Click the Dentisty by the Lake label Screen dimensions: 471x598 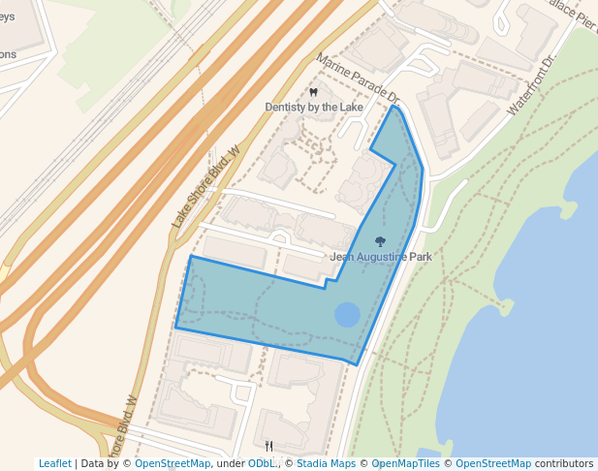[x=321, y=106]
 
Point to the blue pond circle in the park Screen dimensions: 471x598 [x=347, y=314]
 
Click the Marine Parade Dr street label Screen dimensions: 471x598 [x=358, y=79]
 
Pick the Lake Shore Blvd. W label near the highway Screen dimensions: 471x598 [x=205, y=187]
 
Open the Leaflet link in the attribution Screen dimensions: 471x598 [x=54, y=463]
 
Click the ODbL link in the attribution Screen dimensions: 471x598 [x=262, y=463]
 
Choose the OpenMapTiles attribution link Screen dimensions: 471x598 [x=407, y=463]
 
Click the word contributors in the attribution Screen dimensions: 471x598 [x=564, y=463]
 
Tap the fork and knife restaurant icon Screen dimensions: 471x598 [x=269, y=446]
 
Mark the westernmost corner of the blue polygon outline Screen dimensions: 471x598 [x=175, y=328]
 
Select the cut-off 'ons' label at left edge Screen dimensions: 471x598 [x=8, y=54]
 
